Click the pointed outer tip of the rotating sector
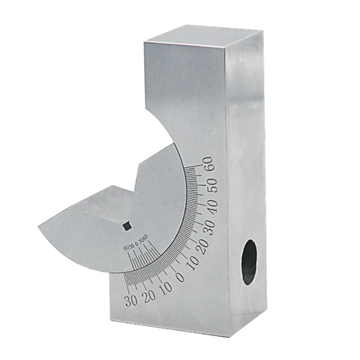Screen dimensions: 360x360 [36, 223]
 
